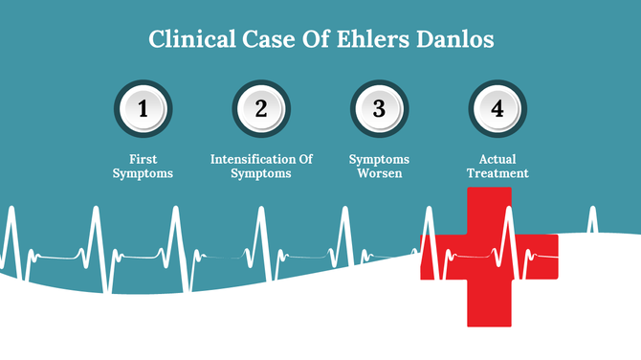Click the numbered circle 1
tap(144, 109)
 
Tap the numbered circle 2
tap(261, 109)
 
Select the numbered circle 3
tap(379, 109)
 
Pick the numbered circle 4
tap(497, 109)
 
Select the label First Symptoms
tap(144, 166)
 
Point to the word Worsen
tap(379, 173)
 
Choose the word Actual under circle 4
tap(497, 158)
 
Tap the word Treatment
tap(497, 173)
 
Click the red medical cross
tap(489, 258)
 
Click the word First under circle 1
tap(144, 158)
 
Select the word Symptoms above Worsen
tap(379, 158)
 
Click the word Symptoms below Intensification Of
tap(261, 173)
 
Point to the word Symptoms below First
tap(144, 173)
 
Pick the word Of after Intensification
tap(303, 158)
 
